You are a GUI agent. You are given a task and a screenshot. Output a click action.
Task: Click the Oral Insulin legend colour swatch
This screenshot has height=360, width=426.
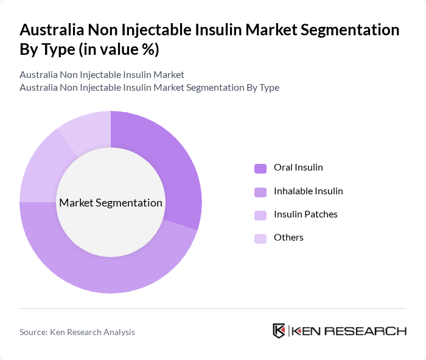pyautogui.click(x=260, y=168)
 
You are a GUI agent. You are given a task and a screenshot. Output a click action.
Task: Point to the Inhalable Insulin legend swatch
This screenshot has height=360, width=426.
pyautogui.click(x=260, y=192)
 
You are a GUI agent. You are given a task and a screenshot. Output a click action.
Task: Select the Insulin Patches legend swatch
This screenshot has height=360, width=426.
pyautogui.click(x=260, y=215)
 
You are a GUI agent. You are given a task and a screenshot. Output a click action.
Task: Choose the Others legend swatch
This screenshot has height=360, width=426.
pyautogui.click(x=260, y=238)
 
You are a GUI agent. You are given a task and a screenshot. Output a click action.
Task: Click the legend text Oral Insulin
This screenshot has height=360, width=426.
pyautogui.click(x=298, y=168)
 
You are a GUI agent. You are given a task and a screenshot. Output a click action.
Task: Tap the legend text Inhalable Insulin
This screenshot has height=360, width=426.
pyautogui.click(x=309, y=191)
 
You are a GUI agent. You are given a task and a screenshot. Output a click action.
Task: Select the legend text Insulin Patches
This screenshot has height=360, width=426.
pyautogui.click(x=306, y=214)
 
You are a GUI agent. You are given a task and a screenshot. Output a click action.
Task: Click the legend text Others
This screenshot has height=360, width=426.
pyautogui.click(x=288, y=238)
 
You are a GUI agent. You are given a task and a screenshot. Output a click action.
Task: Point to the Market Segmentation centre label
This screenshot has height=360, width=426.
pyautogui.click(x=111, y=203)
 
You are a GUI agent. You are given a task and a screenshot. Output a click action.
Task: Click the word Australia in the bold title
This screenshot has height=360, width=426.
pyautogui.click(x=51, y=30)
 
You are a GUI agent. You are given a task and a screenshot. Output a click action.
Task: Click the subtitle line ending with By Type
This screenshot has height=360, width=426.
pyautogui.click(x=149, y=87)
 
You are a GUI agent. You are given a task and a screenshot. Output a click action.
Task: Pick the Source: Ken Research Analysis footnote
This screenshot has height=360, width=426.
pyautogui.click(x=77, y=332)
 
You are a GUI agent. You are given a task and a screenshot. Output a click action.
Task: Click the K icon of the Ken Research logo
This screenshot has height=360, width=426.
pyautogui.click(x=279, y=331)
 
